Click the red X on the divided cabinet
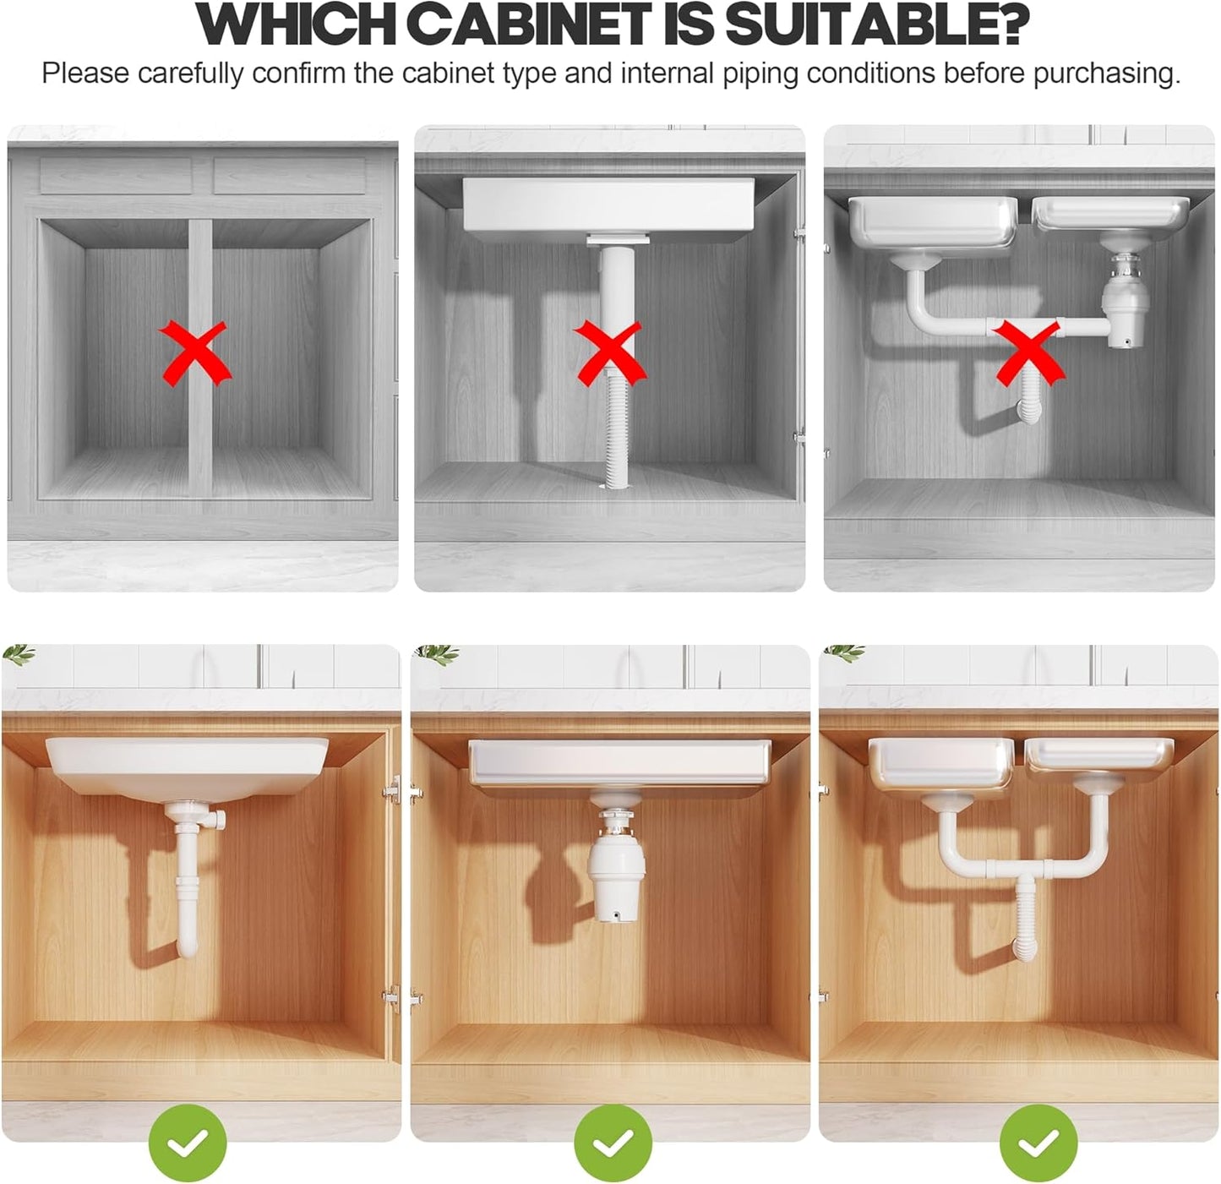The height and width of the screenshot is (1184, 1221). tap(195, 352)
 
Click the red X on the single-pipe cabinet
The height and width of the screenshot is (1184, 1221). tap(609, 352)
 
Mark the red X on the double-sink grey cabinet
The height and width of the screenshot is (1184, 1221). tap(1028, 352)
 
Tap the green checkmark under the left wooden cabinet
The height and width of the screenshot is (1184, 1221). tap(188, 1143)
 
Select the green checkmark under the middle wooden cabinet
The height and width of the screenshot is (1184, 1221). tap(613, 1143)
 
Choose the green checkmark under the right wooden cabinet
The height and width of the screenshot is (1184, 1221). tap(1038, 1143)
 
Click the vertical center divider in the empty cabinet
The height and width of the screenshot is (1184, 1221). tap(200, 355)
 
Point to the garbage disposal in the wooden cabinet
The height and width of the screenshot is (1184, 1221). tap(616, 870)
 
